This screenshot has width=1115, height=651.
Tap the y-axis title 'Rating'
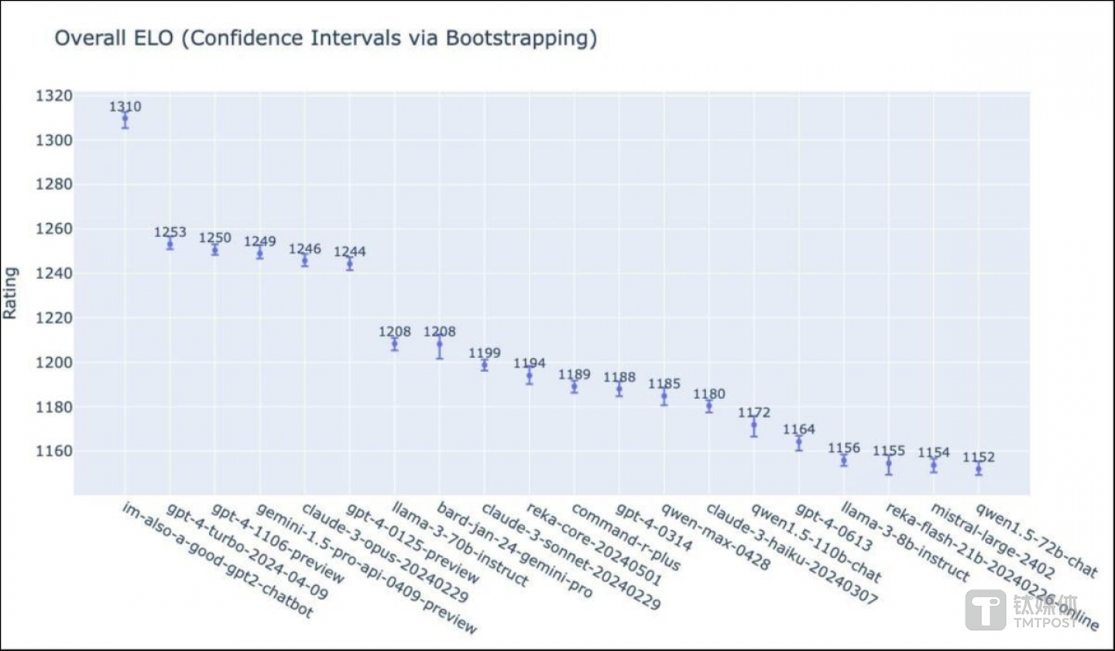tap(10, 293)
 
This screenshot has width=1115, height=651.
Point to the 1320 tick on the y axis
tap(53, 96)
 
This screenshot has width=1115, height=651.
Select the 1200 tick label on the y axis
tap(53, 362)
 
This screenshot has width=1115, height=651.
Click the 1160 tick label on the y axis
tap(53, 451)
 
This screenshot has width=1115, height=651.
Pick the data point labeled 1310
tap(125, 119)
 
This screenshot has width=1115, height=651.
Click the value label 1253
tap(170, 232)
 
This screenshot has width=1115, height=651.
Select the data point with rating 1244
tap(350, 264)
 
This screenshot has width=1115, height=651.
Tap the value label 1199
tap(485, 353)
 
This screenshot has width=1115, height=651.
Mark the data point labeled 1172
tap(754, 425)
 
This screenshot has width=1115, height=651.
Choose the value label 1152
tap(979, 457)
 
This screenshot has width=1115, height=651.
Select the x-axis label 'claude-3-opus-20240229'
tap(385, 553)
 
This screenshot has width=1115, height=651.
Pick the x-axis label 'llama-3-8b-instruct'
tap(907, 542)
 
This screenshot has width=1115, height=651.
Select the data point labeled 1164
tap(799, 442)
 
